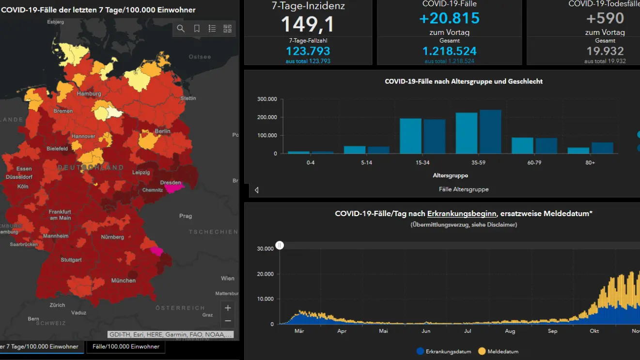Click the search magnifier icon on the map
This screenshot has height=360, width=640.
click(x=181, y=29)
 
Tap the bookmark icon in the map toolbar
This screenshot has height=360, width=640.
click(x=197, y=29)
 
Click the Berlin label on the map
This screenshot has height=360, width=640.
click(x=163, y=131)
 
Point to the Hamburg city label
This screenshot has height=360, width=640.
click(x=89, y=94)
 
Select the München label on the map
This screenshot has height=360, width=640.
click(x=124, y=281)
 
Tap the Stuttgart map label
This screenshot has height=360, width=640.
click(x=71, y=260)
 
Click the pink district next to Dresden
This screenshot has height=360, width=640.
click(x=175, y=188)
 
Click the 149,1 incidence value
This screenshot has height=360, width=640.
click(x=308, y=24)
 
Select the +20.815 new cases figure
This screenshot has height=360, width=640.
click(x=450, y=18)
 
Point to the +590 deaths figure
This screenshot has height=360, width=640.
click(x=605, y=18)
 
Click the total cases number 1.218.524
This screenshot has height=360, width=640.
click(x=450, y=51)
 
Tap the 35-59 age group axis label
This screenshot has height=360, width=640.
click(x=478, y=163)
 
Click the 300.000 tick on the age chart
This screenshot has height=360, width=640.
click(x=267, y=99)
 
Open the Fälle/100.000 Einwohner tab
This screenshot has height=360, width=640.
click(x=126, y=346)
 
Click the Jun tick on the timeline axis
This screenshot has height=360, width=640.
click(x=426, y=331)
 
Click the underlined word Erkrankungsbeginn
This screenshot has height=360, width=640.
click(x=462, y=214)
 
